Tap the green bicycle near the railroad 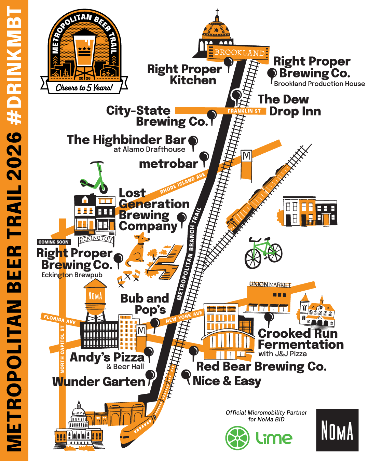(x=263, y=253)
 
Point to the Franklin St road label (x=244, y=111)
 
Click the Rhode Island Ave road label (x=182, y=183)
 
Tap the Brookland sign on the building (x=239, y=53)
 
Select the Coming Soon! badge (x=54, y=242)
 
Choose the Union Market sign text (x=270, y=284)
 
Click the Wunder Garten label (x=99, y=381)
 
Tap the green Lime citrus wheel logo (x=237, y=438)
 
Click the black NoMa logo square (x=337, y=430)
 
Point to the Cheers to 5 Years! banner (x=84, y=87)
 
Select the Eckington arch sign (x=96, y=239)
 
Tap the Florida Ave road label (x=59, y=319)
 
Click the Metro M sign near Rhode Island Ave (x=246, y=156)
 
